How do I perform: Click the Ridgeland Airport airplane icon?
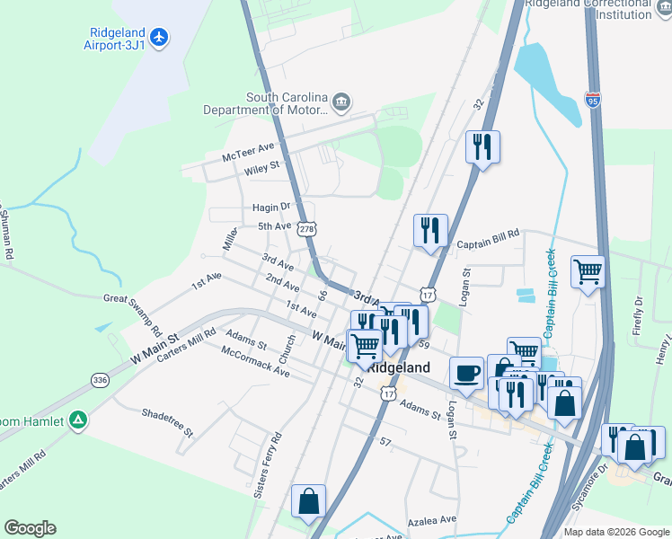(160, 37)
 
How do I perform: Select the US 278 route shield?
(308, 229)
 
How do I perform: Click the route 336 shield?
(100, 381)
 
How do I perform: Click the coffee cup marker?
(465, 373)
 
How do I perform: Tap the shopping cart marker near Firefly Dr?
(588, 270)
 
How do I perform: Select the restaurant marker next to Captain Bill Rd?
(430, 230)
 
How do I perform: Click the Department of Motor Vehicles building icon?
(341, 101)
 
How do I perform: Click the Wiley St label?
(262, 166)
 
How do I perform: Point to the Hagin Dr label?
(271, 207)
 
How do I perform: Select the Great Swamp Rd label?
(133, 313)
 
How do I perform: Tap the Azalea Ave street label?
(433, 519)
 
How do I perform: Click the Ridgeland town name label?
(398, 367)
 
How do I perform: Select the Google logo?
(30, 528)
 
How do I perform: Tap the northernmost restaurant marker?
(482, 146)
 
